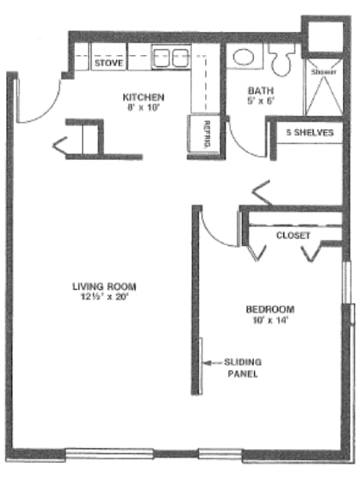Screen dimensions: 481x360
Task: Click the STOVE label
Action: [108, 63]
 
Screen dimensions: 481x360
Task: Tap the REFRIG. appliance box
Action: [206, 136]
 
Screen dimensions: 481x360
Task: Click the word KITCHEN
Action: [142, 97]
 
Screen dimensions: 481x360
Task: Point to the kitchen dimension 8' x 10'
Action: [143, 108]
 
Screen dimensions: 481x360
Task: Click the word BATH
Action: [259, 90]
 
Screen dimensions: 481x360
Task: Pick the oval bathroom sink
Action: [242, 58]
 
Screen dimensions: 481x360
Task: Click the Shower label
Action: [323, 72]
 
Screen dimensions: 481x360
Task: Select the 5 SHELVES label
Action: [309, 133]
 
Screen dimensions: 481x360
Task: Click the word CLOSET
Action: [293, 234]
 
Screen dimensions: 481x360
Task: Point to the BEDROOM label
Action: [270, 310]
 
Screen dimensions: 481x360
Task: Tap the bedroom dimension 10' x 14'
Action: [270, 321]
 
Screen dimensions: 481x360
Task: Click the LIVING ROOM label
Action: [104, 287]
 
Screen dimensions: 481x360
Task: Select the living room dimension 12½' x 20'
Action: [104, 298]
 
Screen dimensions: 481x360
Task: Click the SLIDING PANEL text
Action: [242, 368]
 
